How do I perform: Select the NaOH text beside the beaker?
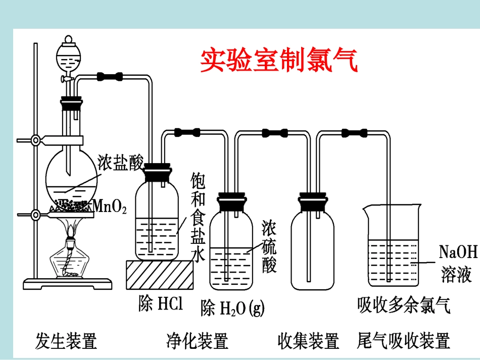point(458,251)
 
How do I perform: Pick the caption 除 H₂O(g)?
point(232,307)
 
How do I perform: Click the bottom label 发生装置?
point(66,341)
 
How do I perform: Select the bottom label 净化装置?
point(198,341)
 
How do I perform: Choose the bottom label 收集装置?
point(308,341)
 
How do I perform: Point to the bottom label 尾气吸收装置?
point(403,341)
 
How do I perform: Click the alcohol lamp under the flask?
point(70,260)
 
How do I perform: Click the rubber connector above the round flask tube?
point(110,77)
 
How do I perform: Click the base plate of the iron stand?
point(68,284)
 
